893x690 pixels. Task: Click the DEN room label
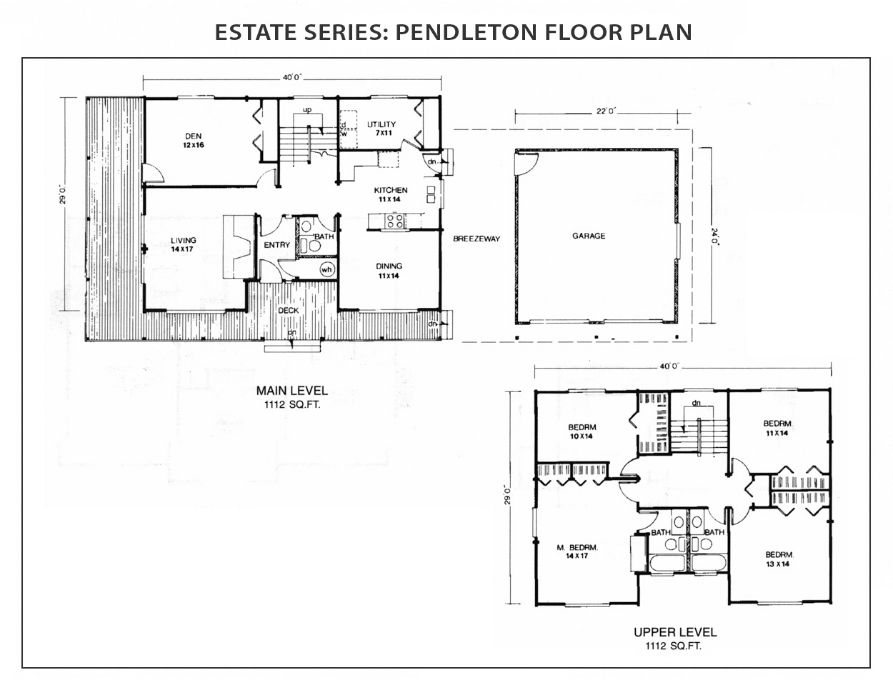(x=193, y=136)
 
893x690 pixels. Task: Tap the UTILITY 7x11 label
(x=381, y=128)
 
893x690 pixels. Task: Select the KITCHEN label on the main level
(x=390, y=190)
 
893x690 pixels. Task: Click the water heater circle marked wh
(x=327, y=270)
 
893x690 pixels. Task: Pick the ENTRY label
(x=276, y=245)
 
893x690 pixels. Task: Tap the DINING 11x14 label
(x=389, y=271)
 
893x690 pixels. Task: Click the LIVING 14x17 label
(x=183, y=244)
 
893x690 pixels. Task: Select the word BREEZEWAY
(x=477, y=239)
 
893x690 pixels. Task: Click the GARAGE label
(x=589, y=236)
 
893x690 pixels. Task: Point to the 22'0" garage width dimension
(x=606, y=111)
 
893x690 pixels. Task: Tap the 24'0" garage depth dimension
(x=714, y=237)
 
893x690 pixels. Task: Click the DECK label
(x=288, y=311)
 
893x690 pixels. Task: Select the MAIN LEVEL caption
(x=292, y=391)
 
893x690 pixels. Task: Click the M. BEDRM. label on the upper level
(x=577, y=547)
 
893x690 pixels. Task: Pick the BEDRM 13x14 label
(x=777, y=559)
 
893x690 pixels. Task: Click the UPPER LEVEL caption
(x=675, y=632)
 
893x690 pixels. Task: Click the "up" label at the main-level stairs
(x=307, y=110)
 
